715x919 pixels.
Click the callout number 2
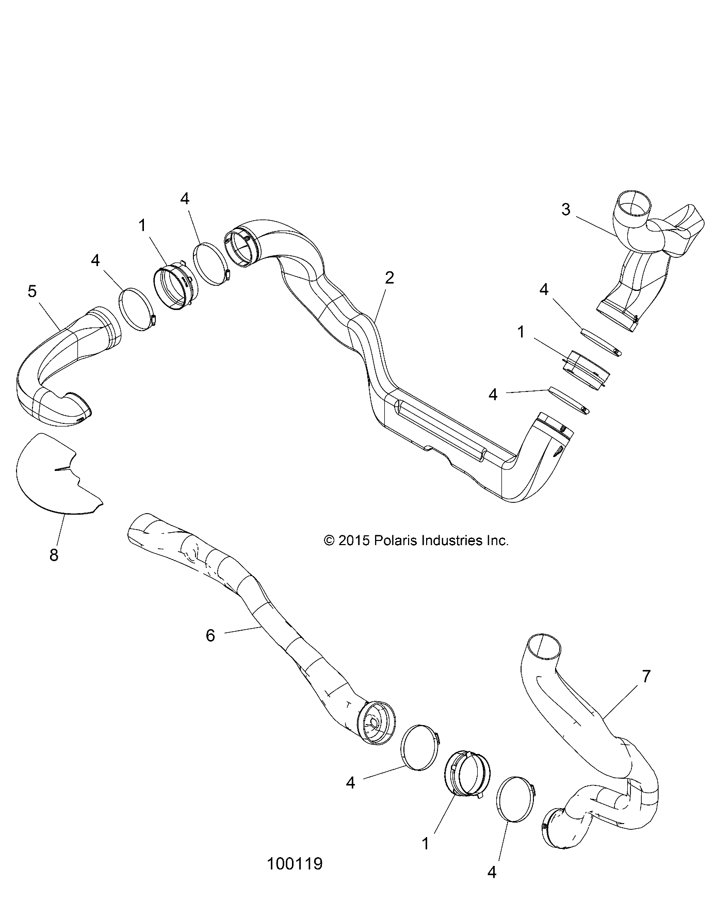(389, 278)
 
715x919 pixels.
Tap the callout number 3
(566, 210)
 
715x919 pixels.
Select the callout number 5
(32, 291)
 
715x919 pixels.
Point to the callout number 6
(210, 636)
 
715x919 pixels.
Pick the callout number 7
(646, 676)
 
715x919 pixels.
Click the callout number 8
(54, 555)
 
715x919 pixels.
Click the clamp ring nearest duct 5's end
(136, 308)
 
